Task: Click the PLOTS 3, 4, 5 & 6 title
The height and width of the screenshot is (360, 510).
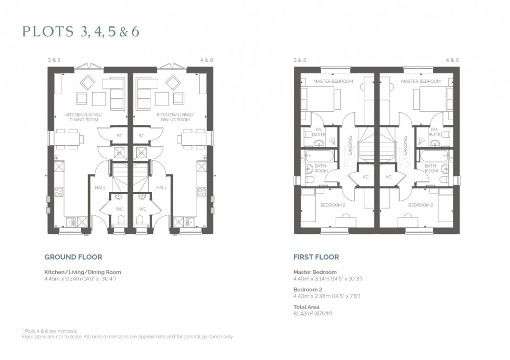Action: coord(81,32)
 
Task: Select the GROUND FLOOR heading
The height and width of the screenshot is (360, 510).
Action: coord(73,257)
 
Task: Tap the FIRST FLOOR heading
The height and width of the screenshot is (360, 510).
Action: coord(316,257)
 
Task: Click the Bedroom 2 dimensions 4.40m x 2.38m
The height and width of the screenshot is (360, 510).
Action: coord(327,296)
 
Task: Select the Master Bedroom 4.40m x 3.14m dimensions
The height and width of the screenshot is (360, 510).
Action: coord(328,279)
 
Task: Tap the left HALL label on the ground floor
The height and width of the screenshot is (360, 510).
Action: coord(101,187)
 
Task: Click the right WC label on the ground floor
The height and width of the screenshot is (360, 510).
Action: coord(143,209)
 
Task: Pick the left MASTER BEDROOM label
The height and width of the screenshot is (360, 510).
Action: coord(333,81)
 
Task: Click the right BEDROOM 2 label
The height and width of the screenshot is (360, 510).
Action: coord(420,205)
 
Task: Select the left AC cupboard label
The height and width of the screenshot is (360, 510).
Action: coord(365,177)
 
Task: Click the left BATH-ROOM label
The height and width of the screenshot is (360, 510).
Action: coord(321,168)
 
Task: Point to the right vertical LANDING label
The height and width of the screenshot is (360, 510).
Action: coord(404,146)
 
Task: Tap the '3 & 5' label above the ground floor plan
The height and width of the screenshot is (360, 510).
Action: coord(54,60)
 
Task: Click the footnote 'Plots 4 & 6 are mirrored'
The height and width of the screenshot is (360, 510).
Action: coord(52,331)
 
